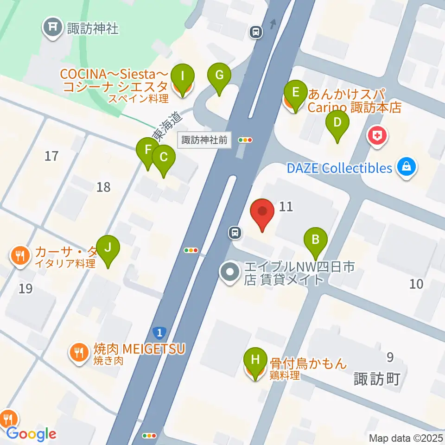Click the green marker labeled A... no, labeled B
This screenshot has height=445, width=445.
click(x=316, y=241)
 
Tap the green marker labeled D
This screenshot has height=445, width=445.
click(x=337, y=123)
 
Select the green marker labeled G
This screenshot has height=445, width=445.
click(x=219, y=76)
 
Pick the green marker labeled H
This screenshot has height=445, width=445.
click(x=255, y=360)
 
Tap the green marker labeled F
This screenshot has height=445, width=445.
click(x=148, y=151)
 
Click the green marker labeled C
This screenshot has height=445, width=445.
click(x=163, y=158)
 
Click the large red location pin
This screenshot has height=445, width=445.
click(x=262, y=212)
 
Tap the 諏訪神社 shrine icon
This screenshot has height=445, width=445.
click(x=52, y=29)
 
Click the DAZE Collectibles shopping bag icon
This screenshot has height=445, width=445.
click(x=407, y=168)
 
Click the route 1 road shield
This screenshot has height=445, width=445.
click(x=159, y=332)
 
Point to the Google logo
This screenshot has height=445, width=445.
click(x=31, y=434)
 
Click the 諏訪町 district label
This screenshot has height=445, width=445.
click(x=376, y=379)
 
